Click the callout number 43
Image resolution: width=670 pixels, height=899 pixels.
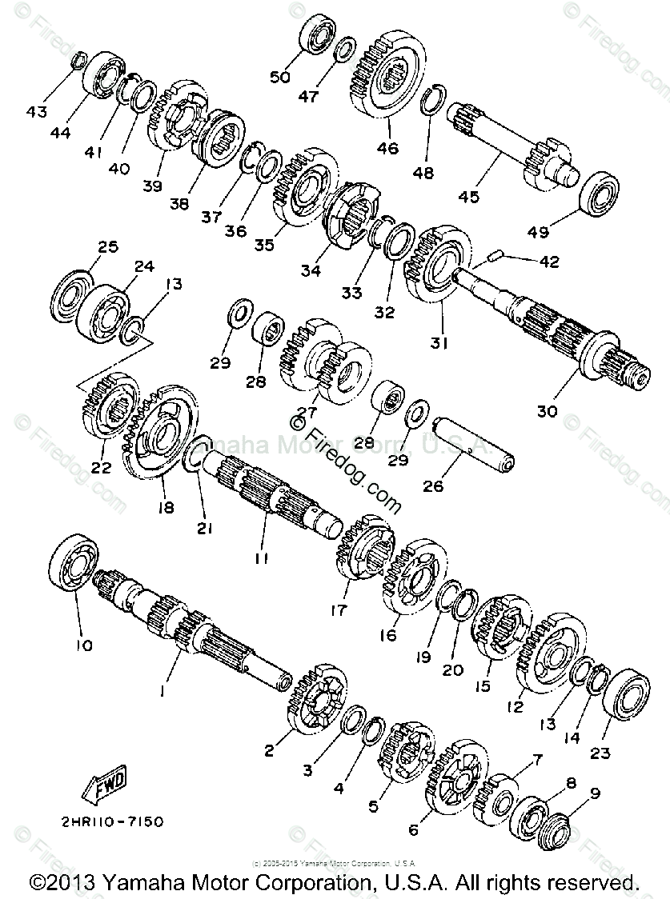tap(38, 111)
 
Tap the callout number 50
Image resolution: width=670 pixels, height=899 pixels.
tap(279, 77)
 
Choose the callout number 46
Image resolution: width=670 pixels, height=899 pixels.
tap(387, 148)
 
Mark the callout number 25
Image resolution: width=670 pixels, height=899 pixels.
tap(107, 245)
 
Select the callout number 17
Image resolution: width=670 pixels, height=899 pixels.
tap(338, 610)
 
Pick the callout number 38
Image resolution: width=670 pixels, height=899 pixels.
tap(179, 203)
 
